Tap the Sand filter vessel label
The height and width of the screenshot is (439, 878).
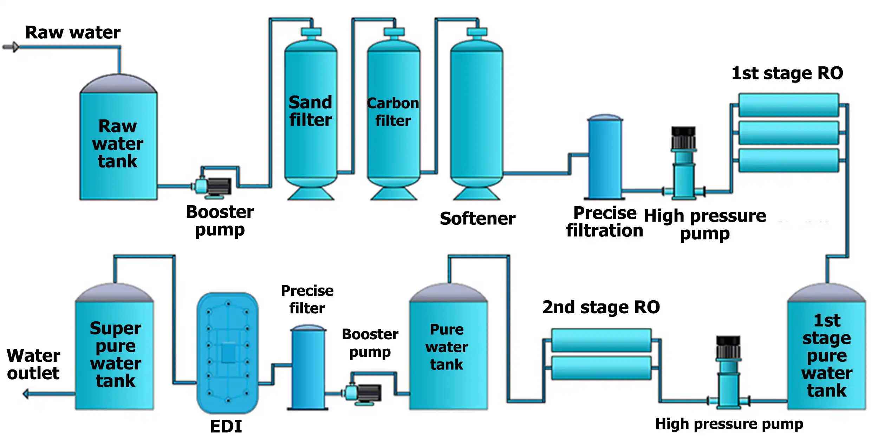(310, 111)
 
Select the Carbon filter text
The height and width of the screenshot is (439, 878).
(393, 112)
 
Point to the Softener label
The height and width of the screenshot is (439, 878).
(477, 218)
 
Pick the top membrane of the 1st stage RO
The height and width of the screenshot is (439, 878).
(788, 105)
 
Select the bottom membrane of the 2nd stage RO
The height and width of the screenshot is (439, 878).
(601, 368)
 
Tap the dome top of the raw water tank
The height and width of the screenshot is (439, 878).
(118, 84)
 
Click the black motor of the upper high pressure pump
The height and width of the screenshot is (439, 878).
(683, 138)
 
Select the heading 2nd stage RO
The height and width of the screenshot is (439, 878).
(601, 307)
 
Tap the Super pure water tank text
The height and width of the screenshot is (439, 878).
(115, 354)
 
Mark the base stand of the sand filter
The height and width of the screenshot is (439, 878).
(311, 194)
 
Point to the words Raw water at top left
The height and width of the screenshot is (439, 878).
(73, 32)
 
